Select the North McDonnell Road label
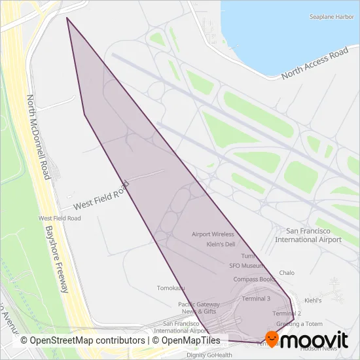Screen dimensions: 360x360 tap(39, 137)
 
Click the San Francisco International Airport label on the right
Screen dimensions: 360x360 tap(308, 235)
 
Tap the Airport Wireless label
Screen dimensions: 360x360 tap(213, 234)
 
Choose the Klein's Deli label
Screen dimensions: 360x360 tap(221, 244)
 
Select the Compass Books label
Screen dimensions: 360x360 tap(254, 279)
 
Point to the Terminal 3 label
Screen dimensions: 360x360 tap(256, 298)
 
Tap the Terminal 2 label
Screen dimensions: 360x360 tap(286, 314)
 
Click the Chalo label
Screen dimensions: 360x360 tap(287, 272)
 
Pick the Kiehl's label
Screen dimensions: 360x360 tap(313, 300)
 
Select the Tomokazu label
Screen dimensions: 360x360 tap(171, 287)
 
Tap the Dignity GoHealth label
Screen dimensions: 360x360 tap(209, 355)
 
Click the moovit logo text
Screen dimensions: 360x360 tap(317, 340)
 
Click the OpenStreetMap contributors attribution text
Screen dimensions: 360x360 tap(82, 340)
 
